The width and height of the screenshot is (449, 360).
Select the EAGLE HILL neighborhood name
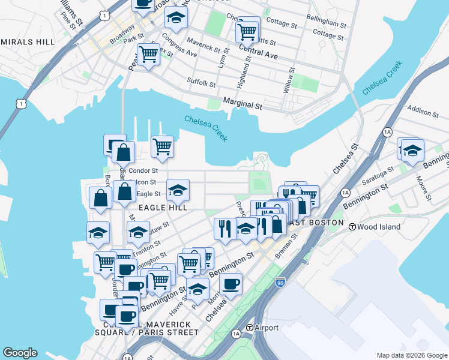click(163, 207)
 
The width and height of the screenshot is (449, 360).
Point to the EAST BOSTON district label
click(315, 223)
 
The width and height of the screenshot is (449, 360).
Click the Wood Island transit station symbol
click(353, 227)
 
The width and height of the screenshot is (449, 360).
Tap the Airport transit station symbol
click(250, 328)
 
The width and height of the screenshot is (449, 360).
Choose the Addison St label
click(424, 110)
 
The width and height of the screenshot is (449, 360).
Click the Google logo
click(20, 353)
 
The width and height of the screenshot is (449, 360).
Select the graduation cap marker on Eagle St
click(178, 190)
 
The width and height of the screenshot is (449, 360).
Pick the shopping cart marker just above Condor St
click(162, 146)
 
